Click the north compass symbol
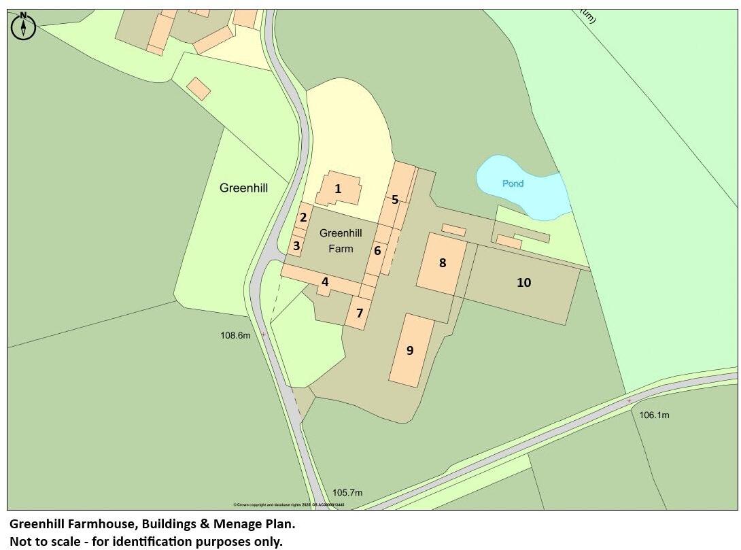point(24,26)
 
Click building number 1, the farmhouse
point(338,190)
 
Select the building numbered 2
point(303,218)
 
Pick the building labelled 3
point(296,246)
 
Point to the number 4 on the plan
point(325,281)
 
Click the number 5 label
point(395,200)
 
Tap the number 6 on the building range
point(377,251)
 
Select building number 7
point(359,313)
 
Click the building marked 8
point(443,262)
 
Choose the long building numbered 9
point(410,350)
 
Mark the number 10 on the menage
point(523,282)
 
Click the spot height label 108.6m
point(235,335)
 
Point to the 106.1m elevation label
point(654,415)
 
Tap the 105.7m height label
point(347,493)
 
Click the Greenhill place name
point(244,188)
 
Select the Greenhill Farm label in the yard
point(341,241)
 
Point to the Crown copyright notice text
point(288,505)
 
